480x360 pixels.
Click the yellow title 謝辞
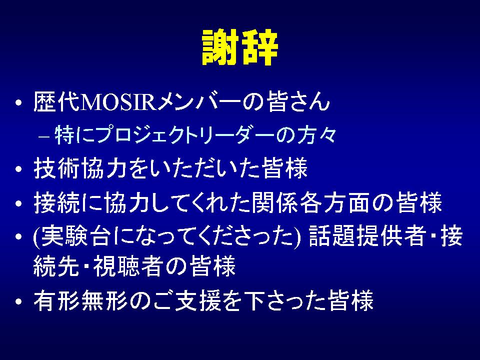(240, 47)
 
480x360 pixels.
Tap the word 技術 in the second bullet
(57, 168)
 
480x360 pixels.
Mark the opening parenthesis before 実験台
(36, 236)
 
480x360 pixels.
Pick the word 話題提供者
(367, 236)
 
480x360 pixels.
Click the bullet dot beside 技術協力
(19, 168)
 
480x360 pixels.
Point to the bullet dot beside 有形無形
(19, 301)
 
